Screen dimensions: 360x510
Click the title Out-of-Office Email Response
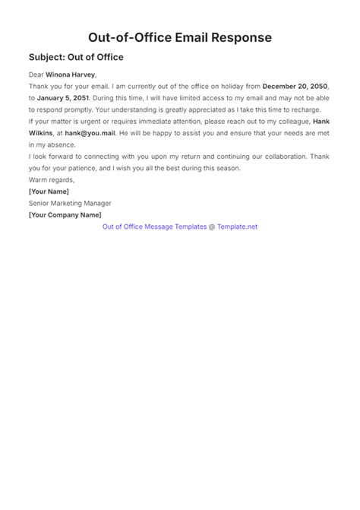point(180,37)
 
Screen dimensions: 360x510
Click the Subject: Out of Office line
point(76,57)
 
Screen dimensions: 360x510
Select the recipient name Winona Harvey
point(71,75)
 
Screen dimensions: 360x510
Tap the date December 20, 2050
point(298,87)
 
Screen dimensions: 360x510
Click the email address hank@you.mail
point(90,132)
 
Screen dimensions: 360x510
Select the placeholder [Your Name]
point(53,192)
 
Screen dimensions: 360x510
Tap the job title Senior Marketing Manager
point(70,203)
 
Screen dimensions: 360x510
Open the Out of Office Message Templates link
point(153,226)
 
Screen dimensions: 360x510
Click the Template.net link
point(238,226)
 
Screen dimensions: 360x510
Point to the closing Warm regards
point(52,179)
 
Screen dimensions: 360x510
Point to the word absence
point(71,144)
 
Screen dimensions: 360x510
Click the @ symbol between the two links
point(212,226)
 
